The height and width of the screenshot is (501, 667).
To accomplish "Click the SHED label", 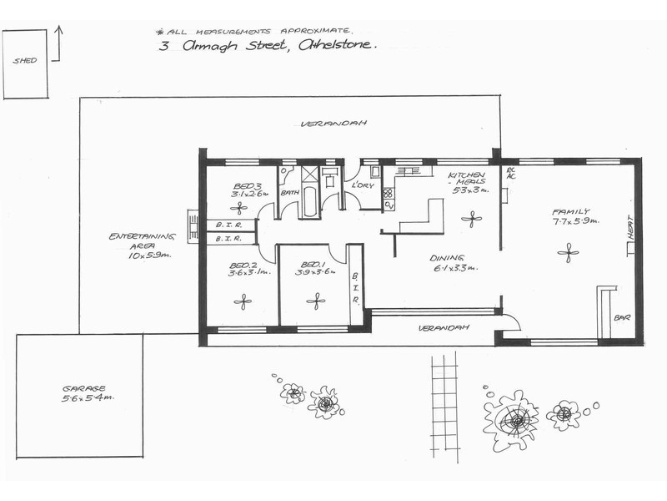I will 24,61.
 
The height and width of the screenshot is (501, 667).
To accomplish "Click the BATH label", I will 289,193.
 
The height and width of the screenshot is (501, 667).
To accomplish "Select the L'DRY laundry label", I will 361,185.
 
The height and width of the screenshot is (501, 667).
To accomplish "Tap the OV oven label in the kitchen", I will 389,205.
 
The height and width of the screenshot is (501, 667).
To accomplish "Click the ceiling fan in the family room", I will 569,251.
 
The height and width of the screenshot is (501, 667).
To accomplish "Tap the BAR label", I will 622,318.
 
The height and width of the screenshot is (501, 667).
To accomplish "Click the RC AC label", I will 511,173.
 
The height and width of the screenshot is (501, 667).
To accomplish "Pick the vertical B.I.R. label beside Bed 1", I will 354,286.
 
